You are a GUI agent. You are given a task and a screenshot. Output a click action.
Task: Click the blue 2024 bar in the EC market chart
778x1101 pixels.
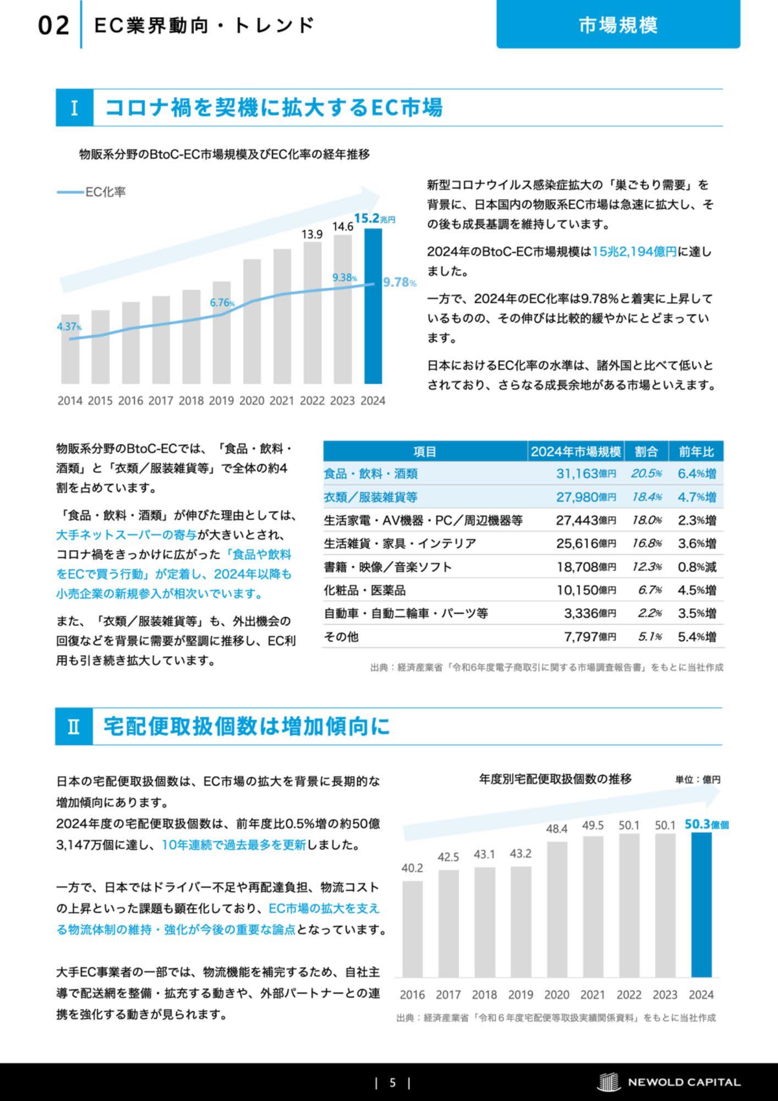[373, 306]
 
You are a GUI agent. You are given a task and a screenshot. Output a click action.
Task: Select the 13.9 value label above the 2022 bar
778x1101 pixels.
[312, 234]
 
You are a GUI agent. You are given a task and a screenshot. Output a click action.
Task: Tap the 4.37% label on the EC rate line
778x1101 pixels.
[69, 326]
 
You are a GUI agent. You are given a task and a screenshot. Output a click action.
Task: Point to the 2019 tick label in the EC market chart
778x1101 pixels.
[221, 401]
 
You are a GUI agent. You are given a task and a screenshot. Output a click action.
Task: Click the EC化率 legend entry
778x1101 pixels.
[91, 192]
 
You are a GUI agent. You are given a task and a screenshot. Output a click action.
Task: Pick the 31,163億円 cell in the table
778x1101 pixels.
[586, 473]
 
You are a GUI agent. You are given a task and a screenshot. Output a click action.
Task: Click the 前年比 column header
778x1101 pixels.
[696, 451]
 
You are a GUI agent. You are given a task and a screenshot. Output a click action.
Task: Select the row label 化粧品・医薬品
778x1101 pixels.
[365, 590]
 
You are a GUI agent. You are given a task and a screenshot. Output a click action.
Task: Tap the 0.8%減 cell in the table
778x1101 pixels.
[697, 567]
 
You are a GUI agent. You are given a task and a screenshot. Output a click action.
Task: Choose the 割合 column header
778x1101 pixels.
[646, 451]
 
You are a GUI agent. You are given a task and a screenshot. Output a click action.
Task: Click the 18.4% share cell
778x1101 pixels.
[646, 497]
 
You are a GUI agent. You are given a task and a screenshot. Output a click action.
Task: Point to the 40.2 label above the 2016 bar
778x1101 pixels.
[412, 868]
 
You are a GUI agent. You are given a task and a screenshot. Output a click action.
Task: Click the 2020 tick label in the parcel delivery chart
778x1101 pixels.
[557, 995]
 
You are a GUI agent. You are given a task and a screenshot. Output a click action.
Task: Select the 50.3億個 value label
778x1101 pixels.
[706, 824]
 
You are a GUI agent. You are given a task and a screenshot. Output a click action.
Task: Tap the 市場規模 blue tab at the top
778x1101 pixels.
[618, 25]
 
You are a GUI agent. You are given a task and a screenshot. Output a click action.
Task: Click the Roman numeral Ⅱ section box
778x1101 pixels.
[74, 727]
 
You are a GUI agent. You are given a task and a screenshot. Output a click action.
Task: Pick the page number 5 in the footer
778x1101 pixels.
[392, 1083]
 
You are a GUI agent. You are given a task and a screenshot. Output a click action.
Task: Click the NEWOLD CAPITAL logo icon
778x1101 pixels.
[609, 1082]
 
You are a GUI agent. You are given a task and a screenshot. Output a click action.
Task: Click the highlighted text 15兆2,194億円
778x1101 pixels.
[634, 252]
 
